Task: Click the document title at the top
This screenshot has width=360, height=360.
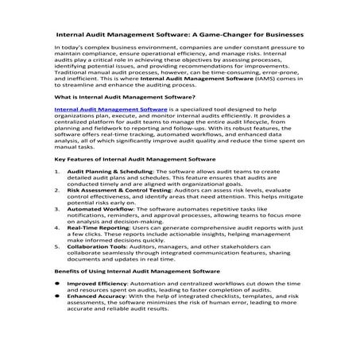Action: tap(180, 34)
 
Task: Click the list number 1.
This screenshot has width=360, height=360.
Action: tap(56, 193)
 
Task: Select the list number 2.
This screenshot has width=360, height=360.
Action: tap(56, 213)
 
